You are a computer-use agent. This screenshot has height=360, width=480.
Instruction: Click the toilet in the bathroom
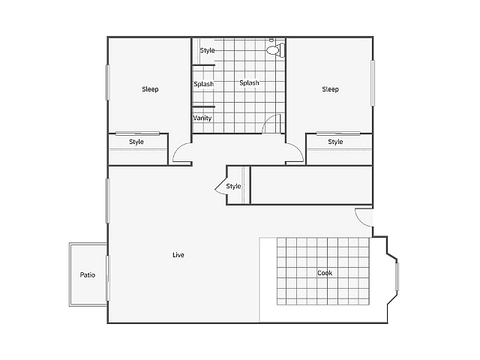pyautogui.click(x=275, y=50)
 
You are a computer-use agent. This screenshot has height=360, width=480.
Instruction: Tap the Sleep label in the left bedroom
pyautogui.click(x=150, y=89)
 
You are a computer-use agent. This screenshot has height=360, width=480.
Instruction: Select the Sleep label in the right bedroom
pyautogui.click(x=330, y=89)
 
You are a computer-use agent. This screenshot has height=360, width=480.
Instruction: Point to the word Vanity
pyautogui.click(x=202, y=118)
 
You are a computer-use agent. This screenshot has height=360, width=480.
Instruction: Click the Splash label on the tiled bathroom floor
pyautogui.click(x=250, y=83)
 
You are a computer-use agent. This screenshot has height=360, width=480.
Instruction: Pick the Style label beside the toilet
pyautogui.click(x=207, y=50)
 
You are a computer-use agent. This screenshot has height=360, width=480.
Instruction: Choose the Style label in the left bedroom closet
pyautogui.click(x=136, y=142)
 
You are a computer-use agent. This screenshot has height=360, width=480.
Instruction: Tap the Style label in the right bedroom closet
pyautogui.click(x=335, y=142)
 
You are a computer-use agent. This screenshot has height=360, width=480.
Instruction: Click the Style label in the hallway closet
pyautogui.click(x=233, y=186)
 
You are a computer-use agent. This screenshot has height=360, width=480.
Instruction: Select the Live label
pyautogui.click(x=178, y=255)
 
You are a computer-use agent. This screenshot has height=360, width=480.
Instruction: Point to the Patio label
pyautogui.click(x=88, y=274)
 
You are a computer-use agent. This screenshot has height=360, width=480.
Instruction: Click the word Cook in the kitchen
pyautogui.click(x=324, y=273)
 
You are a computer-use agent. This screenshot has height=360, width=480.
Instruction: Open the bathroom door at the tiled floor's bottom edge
pyautogui.click(x=272, y=124)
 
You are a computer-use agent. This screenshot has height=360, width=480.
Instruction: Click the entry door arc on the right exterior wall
pyautogui.click(x=363, y=218)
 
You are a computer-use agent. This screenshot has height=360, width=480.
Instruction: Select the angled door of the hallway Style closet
pyautogui.click(x=220, y=186)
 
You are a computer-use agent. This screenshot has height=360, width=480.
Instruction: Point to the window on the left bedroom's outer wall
pyautogui.click(x=108, y=82)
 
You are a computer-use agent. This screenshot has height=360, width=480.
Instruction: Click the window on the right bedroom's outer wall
pyautogui.click(x=373, y=82)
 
